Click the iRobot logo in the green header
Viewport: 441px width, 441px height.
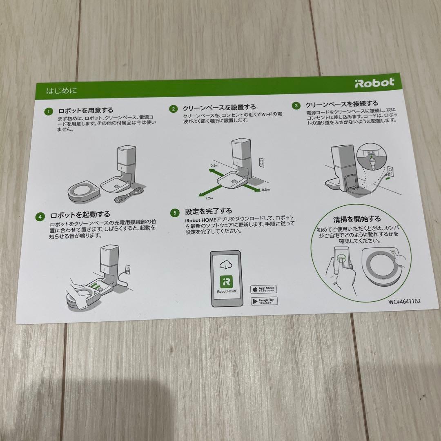point(374,82)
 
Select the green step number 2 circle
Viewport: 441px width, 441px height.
point(173,109)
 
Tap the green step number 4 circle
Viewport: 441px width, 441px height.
point(40,216)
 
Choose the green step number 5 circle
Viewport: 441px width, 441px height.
point(174,213)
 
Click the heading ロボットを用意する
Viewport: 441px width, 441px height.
point(86,111)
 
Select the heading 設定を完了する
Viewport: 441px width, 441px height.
point(208,211)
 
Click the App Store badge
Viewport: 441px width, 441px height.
point(263,290)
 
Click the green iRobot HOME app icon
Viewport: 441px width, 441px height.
point(226,282)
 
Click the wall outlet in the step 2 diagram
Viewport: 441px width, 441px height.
point(261,163)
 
